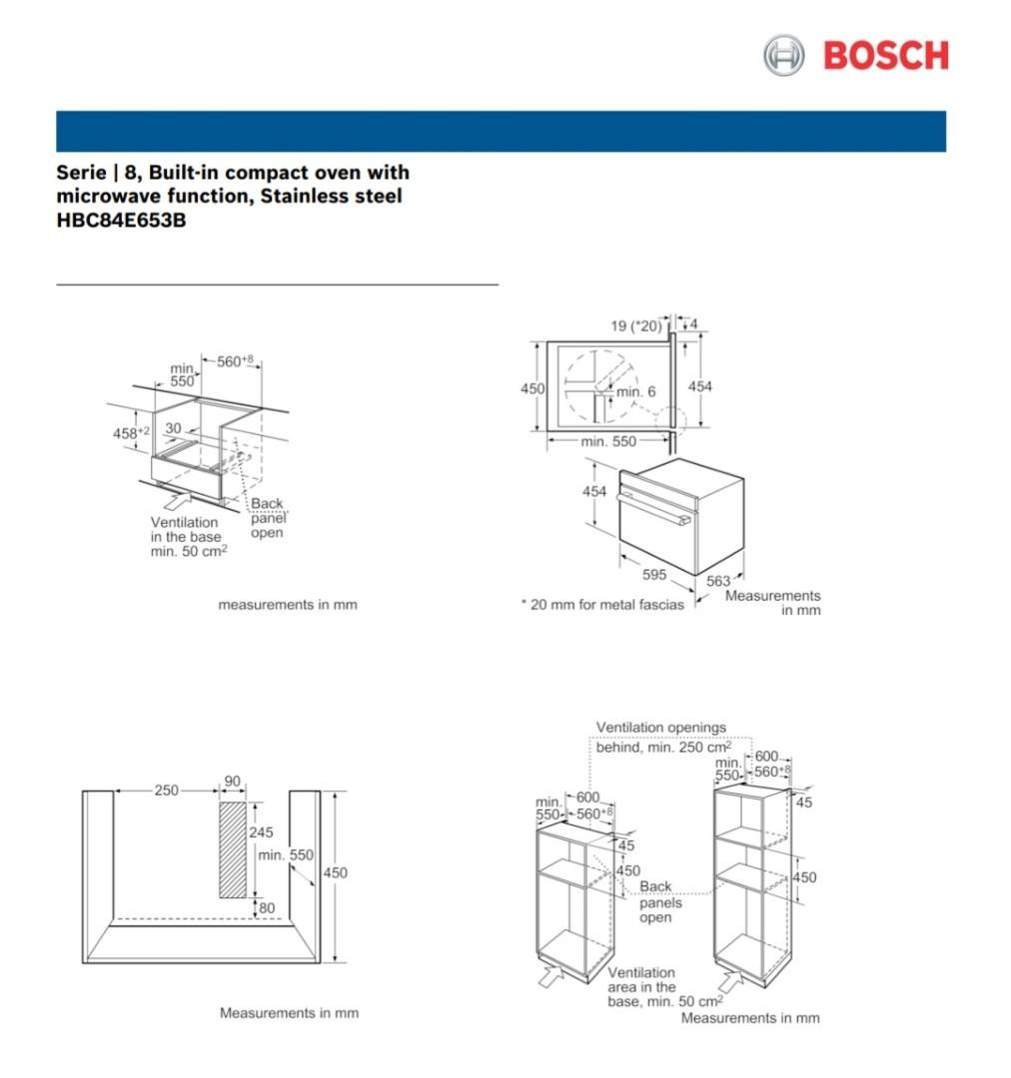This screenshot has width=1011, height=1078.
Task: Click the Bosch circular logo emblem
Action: click(x=783, y=55)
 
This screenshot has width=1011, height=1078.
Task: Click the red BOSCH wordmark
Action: click(x=885, y=56)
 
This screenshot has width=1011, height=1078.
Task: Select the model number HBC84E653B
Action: click(x=121, y=221)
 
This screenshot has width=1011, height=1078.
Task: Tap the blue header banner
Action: click(x=501, y=131)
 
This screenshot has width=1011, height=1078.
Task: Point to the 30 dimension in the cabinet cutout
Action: click(x=173, y=428)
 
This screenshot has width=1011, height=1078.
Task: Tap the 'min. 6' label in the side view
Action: click(x=635, y=391)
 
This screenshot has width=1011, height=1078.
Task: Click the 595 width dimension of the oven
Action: click(x=653, y=575)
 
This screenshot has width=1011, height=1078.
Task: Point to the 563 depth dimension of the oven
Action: click(x=719, y=581)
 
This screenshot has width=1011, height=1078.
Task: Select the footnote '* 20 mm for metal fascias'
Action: click(x=602, y=604)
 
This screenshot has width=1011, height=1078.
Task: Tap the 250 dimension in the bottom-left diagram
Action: click(x=166, y=791)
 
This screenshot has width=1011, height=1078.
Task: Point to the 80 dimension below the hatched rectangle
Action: click(x=267, y=907)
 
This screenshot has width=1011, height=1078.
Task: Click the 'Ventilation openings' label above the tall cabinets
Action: click(x=661, y=728)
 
